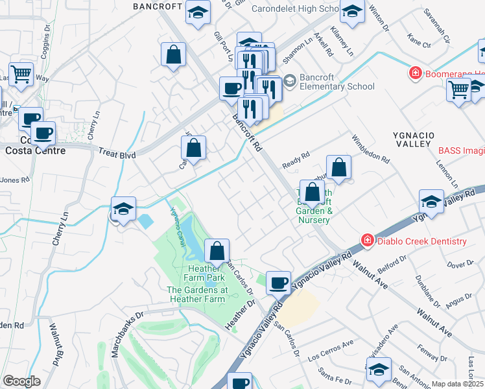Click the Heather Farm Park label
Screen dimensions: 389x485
(x=206, y=273)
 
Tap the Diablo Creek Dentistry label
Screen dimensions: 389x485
(x=421, y=241)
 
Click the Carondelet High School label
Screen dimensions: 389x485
(x=287, y=9)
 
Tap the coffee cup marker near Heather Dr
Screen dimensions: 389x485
(x=278, y=281)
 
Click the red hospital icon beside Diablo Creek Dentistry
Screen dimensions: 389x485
(x=368, y=241)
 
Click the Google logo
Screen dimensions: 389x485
(x=21, y=382)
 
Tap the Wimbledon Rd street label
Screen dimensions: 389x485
(x=370, y=149)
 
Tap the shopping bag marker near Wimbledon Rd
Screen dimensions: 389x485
(x=338, y=167)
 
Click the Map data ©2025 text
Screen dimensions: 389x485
(x=457, y=384)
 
